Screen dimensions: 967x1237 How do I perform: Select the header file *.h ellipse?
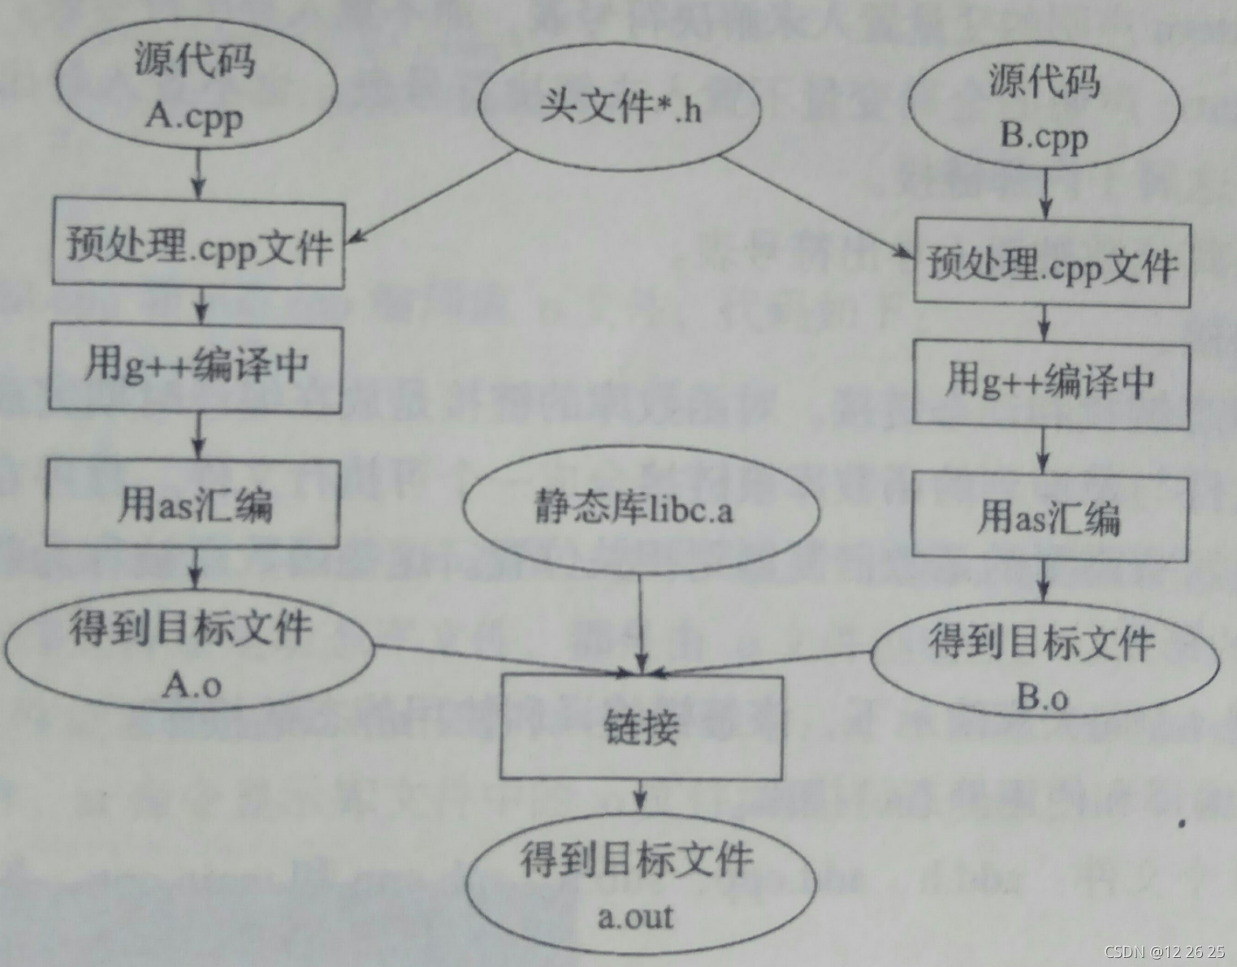coord(620,106)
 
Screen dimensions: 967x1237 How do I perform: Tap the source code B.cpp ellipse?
coord(1044,109)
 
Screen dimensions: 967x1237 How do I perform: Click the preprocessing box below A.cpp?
coord(199,245)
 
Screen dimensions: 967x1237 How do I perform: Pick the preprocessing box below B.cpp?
coord(1052,265)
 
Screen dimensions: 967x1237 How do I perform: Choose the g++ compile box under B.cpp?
coord(1051,382)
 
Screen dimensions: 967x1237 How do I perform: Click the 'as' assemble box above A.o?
coord(193,503)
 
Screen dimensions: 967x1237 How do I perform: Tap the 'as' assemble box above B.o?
coord(1049,517)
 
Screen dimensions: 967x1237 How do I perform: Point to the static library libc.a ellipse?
coord(639,508)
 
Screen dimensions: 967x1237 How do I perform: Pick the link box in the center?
coord(641,727)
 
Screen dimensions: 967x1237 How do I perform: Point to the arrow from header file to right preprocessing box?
coord(816,208)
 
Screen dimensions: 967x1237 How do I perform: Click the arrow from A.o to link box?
coord(504,660)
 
